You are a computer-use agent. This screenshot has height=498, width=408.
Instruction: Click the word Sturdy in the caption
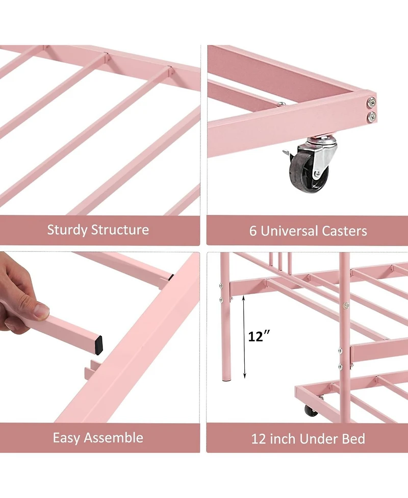click(67, 230)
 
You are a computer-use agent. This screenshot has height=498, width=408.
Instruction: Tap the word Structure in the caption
click(121, 230)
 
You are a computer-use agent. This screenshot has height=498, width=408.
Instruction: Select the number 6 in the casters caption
click(253, 231)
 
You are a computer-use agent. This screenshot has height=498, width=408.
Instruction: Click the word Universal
click(290, 231)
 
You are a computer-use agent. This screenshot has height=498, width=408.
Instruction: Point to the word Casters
click(344, 231)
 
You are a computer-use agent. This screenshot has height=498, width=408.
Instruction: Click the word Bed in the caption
click(354, 438)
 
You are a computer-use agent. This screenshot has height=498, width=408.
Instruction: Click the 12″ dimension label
click(259, 336)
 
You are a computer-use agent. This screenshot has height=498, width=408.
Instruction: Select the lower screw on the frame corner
click(371, 116)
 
